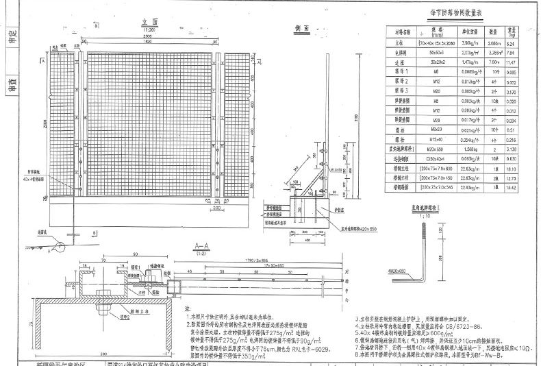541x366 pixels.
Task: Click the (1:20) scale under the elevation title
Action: click(x=148, y=29)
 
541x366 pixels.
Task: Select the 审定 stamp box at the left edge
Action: click(x=10, y=36)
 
